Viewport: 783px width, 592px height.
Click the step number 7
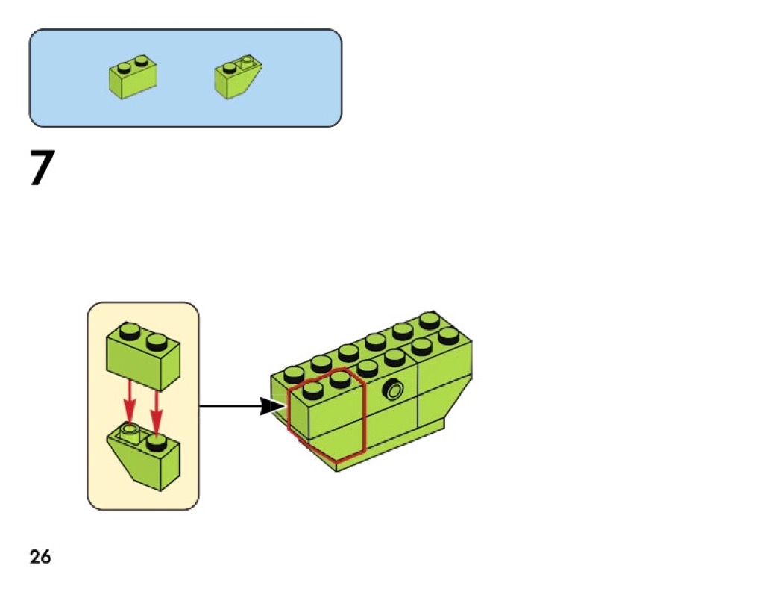[x=43, y=169]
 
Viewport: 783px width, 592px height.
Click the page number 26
[x=40, y=556]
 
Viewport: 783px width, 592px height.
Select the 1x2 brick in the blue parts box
[x=133, y=77]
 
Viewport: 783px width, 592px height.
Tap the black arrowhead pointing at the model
[x=270, y=407]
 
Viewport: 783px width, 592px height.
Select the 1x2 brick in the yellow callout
[x=142, y=359]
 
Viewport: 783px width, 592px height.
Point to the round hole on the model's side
[x=394, y=390]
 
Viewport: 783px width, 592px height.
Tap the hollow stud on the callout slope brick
[x=130, y=430]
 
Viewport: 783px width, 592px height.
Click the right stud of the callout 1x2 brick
[x=155, y=343]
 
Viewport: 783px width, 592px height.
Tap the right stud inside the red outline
[x=339, y=379]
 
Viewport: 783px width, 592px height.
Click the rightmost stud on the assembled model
[x=448, y=335]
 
